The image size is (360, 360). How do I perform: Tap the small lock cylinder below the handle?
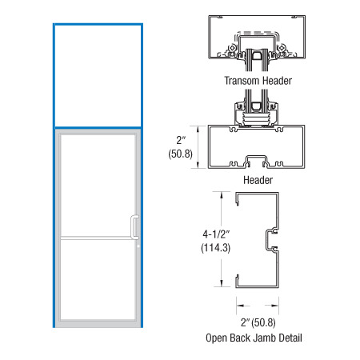coord(138,246)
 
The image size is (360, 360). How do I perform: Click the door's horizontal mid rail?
coord(98,238)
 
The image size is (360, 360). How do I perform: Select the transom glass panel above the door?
coord(98,76)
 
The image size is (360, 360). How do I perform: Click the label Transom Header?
coord(258,81)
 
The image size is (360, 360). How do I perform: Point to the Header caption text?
coord(258,180)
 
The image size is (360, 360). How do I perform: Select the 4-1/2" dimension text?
coord(216,234)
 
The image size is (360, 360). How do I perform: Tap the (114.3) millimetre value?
coord(215,248)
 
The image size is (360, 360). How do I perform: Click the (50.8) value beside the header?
coord(180,154)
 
